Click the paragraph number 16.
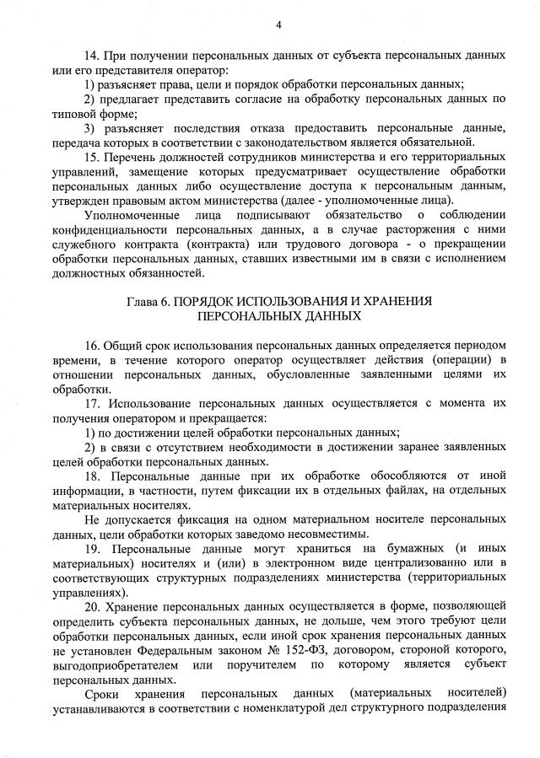coord(93,346)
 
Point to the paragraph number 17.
coord(93,403)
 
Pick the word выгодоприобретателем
coord(114,664)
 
